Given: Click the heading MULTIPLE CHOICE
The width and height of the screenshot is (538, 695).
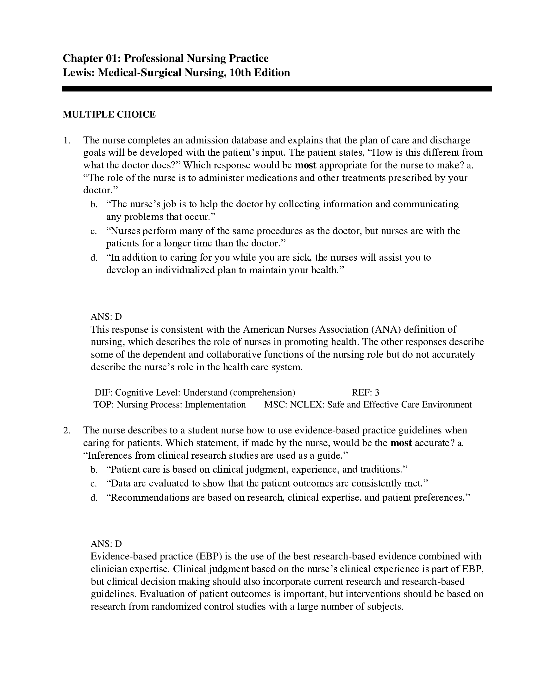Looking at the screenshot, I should click(109, 115).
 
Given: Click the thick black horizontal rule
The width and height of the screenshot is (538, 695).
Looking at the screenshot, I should click(277, 89).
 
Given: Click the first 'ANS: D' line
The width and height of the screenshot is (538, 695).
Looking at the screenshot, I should click(106, 317).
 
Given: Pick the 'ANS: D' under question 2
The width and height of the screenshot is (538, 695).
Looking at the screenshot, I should click(106, 544).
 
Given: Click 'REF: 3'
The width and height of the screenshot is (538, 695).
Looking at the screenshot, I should click(365, 392).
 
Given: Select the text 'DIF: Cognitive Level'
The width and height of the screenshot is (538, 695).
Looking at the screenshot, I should click(137, 392).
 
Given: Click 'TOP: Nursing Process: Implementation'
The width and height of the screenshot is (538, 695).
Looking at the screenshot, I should click(170, 405).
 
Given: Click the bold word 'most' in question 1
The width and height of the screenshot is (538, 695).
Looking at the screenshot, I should click(306, 165).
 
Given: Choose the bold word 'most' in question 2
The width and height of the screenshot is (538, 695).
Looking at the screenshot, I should click(401, 443).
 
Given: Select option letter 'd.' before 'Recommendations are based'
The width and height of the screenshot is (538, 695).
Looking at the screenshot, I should click(94, 498).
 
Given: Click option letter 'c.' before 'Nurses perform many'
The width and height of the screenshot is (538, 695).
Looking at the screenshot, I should click(94, 231).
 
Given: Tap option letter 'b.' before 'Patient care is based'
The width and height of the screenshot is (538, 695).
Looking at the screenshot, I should click(94, 470).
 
